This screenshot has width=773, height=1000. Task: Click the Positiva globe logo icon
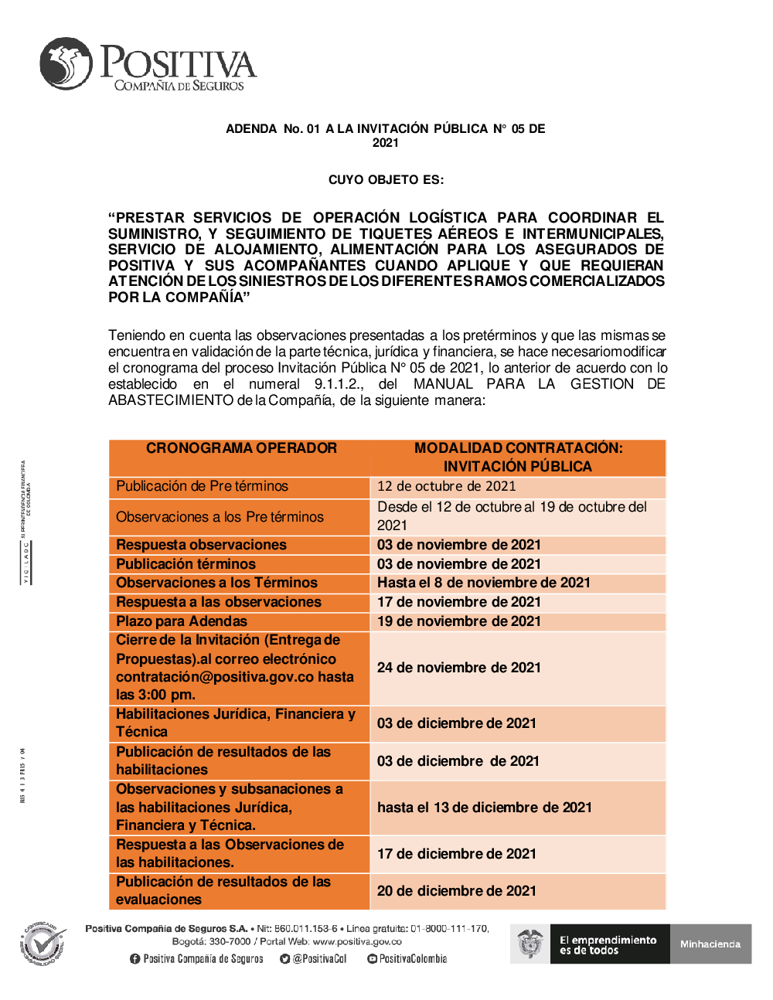[x=66, y=63]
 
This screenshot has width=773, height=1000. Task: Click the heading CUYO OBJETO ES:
[x=386, y=180]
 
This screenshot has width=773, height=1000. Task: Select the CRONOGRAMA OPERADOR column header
[x=241, y=448]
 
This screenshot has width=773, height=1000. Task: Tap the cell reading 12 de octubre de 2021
[x=446, y=486]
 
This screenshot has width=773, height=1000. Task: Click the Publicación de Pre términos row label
[x=202, y=486]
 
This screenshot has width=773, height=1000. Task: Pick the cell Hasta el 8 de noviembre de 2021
[x=483, y=583]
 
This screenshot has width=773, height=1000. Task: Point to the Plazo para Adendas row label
[x=182, y=621]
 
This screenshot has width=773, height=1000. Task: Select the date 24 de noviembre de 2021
[x=458, y=668]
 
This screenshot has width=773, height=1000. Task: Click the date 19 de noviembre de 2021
[x=458, y=621]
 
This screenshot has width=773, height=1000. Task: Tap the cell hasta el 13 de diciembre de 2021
[x=484, y=808]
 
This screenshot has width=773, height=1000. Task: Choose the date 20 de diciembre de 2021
[x=456, y=891]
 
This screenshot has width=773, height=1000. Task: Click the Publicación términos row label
[x=186, y=564]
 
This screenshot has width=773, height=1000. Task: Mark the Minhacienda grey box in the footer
[x=710, y=944]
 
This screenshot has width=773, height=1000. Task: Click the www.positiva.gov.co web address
[x=357, y=941]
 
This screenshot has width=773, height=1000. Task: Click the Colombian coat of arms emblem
[x=530, y=944]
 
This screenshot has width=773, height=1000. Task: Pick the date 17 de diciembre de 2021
[x=456, y=854]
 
